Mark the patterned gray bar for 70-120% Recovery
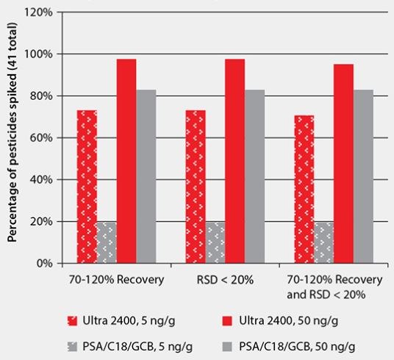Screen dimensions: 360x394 [107, 242]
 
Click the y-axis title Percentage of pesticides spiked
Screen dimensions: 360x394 [12, 139]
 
